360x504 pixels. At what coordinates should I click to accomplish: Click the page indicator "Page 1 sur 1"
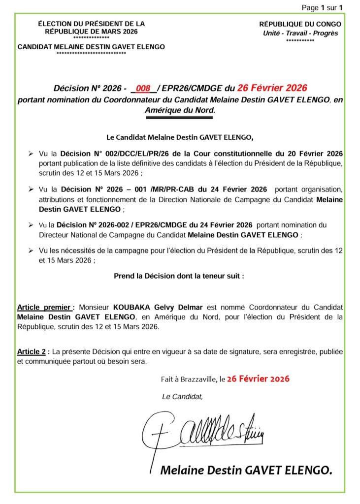point(322,7)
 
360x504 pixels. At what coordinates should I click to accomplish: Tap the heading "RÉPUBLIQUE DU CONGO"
point(300,24)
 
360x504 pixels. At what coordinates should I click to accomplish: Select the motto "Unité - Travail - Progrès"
point(300,33)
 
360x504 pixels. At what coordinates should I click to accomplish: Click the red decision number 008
point(143,89)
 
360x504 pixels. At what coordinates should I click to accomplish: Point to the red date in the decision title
point(272,88)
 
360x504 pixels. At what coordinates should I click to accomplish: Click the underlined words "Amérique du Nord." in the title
point(180,110)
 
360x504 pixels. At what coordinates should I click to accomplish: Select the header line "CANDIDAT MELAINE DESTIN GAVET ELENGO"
point(91,47)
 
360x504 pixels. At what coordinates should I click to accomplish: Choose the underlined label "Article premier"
point(45,307)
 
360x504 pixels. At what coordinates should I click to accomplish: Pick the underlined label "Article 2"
point(33,352)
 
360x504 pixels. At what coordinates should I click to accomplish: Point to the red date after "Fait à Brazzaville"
point(258,379)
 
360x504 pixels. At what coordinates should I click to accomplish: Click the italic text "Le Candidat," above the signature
point(182,397)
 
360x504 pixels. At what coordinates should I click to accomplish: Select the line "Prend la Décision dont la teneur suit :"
point(179,276)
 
